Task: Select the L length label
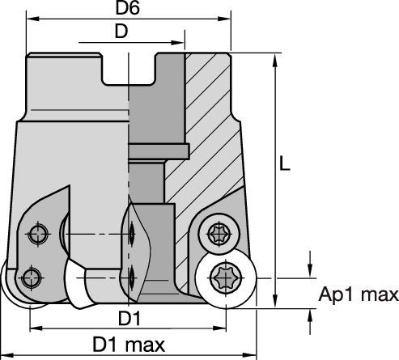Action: (285, 164)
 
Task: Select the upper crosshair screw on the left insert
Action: (38, 235)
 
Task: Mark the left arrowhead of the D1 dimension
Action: (33, 328)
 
